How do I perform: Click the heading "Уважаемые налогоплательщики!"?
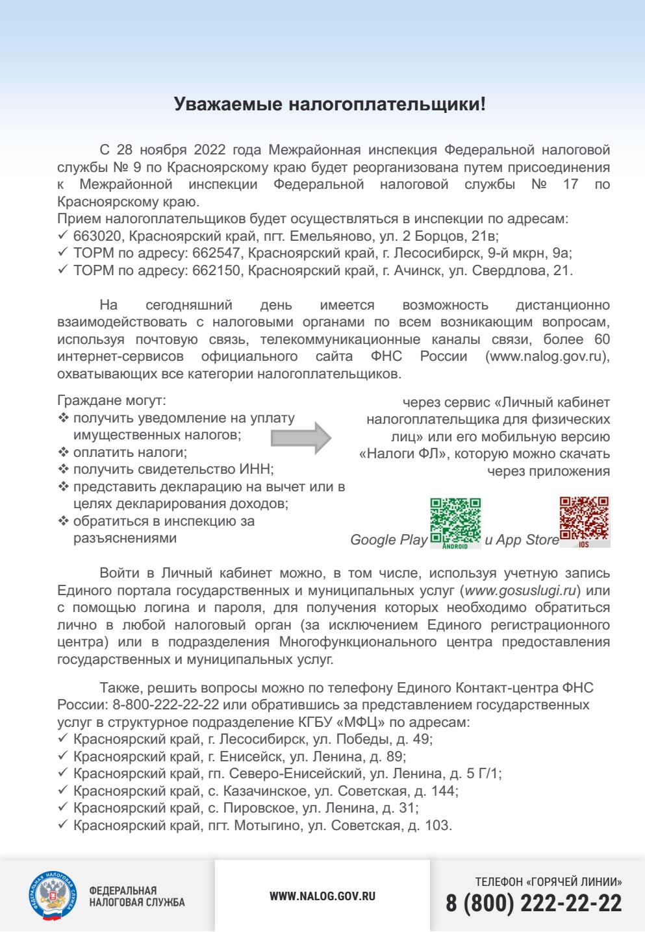pyautogui.click(x=329, y=104)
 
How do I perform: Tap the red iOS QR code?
pyautogui.click(x=585, y=521)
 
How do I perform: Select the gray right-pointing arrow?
pyautogui.click(x=301, y=437)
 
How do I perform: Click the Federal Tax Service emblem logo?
pyautogui.click(x=53, y=896)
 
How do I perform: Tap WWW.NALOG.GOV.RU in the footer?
pyautogui.click(x=322, y=896)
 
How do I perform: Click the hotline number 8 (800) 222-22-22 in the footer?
pyautogui.click(x=533, y=903)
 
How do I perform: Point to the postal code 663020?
pyautogui.click(x=97, y=236)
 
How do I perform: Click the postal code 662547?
pyautogui.click(x=216, y=253)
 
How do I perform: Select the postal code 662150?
pyautogui.click(x=216, y=271)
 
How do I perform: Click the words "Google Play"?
pyautogui.click(x=388, y=540)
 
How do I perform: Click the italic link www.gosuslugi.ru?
pyautogui.click(x=521, y=591)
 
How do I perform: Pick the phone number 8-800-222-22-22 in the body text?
pyautogui.click(x=166, y=705)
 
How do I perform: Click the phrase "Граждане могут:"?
pyautogui.click(x=112, y=400)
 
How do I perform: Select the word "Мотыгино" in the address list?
pyautogui.click(x=269, y=826)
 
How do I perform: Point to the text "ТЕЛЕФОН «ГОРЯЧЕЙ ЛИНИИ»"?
pyautogui.click(x=548, y=881)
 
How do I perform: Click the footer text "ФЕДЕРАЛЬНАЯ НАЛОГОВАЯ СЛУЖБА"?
pyautogui.click(x=137, y=896)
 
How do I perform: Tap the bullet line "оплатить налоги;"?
pyautogui.click(x=130, y=452)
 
